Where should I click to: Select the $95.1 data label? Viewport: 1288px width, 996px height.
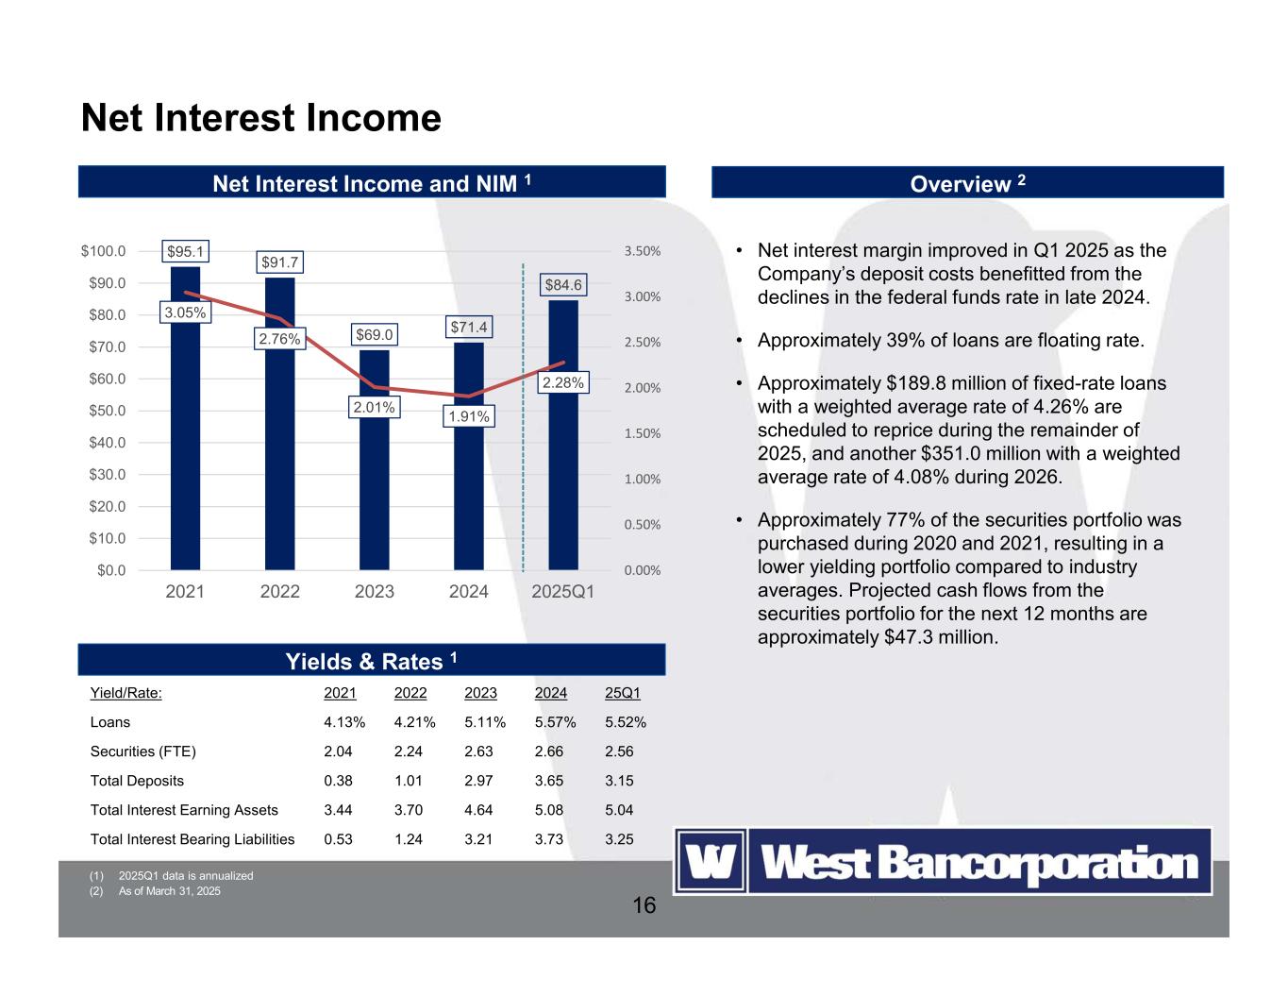click(x=185, y=251)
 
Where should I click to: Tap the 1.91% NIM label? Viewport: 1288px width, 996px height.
click(x=469, y=416)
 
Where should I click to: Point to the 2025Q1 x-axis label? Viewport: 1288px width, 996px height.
click(x=563, y=592)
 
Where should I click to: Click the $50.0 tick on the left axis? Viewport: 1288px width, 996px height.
click(x=104, y=411)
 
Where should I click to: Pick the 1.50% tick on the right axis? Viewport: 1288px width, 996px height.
click(x=642, y=433)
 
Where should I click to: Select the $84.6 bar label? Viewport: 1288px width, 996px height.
click(x=563, y=284)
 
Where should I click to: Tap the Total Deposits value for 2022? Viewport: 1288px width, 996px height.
click(x=409, y=781)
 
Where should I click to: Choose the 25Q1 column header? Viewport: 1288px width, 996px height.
click(x=622, y=693)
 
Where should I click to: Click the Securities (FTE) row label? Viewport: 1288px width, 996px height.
click(x=142, y=751)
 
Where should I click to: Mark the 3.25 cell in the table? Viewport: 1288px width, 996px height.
click(x=619, y=839)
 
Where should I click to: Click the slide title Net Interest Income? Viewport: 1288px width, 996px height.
click(x=261, y=118)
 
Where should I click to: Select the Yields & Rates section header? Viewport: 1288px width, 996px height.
click(x=372, y=661)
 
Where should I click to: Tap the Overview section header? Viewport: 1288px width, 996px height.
click(x=967, y=183)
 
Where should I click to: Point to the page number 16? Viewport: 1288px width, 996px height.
click(x=644, y=906)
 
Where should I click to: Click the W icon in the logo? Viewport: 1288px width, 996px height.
click(x=711, y=862)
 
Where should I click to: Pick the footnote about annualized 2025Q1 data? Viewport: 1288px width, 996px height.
click(x=185, y=876)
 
